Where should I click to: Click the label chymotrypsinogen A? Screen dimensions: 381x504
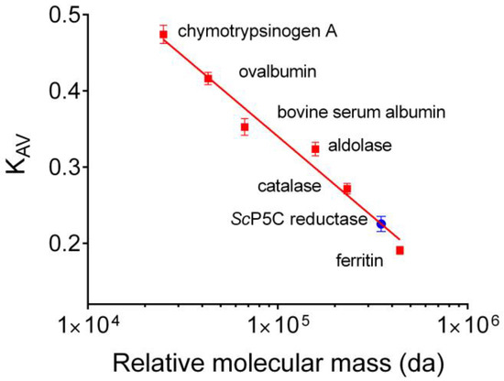257,33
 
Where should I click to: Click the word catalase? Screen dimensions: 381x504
289,186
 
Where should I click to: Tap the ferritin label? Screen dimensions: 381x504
353,260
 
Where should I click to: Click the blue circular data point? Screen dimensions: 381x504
382,223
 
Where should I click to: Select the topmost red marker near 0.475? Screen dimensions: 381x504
164,35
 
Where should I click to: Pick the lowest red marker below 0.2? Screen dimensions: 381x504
400,250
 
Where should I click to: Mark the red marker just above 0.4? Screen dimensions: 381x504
208,79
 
